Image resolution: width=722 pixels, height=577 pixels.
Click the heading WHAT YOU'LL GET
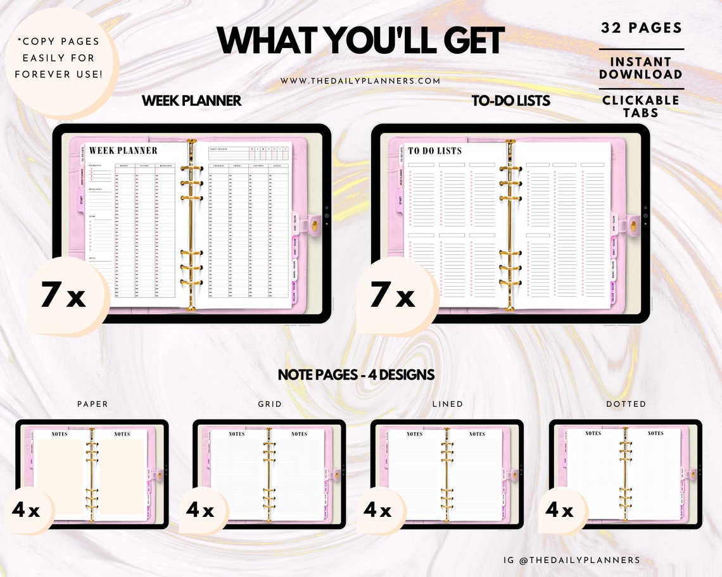361,41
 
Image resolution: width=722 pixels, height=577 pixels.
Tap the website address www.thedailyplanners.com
360,81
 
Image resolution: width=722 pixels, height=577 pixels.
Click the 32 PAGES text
641,28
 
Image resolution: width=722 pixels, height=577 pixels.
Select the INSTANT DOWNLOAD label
641,68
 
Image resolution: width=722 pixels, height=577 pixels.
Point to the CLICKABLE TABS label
641,106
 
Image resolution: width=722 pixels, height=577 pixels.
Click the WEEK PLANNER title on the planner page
123,151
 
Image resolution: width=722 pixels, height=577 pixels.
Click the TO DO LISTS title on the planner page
435,151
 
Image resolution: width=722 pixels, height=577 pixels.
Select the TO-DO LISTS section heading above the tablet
510,101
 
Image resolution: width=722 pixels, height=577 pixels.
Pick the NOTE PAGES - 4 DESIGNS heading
356,375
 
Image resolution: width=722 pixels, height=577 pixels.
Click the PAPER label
92,404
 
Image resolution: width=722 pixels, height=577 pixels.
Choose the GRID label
270,404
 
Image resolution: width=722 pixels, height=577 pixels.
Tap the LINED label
447,404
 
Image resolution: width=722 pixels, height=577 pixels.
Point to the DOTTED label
626,404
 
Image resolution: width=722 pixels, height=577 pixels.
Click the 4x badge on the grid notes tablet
200,510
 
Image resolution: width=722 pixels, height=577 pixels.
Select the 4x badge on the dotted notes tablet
560,510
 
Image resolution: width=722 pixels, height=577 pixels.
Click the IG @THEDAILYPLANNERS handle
571,560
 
